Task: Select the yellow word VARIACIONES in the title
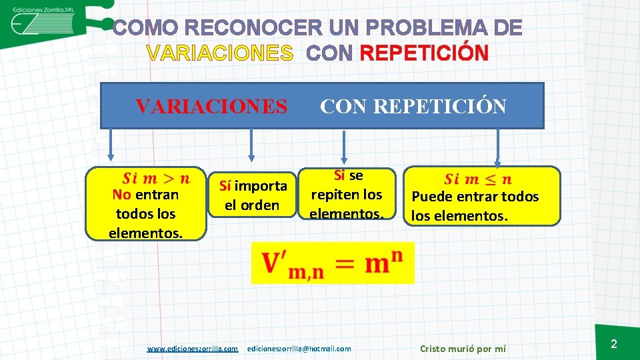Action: click(x=220, y=53)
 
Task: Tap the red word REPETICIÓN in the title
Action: click(x=424, y=53)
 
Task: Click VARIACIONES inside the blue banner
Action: click(x=211, y=106)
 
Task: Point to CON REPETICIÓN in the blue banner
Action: click(x=413, y=106)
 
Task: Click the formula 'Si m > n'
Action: click(x=156, y=178)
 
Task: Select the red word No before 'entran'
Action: click(x=121, y=195)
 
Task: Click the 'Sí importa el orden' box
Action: click(x=252, y=195)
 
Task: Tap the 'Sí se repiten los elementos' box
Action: click(x=346, y=194)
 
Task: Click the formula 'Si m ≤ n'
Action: click(x=478, y=179)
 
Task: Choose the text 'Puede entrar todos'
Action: click(x=475, y=197)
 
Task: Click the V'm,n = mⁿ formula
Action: click(x=332, y=263)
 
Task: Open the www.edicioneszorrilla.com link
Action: click(x=193, y=349)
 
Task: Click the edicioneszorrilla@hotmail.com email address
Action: click(x=299, y=349)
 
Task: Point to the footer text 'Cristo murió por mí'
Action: click(x=463, y=349)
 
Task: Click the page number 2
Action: click(x=614, y=344)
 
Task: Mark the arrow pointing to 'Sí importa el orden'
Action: click(x=251, y=145)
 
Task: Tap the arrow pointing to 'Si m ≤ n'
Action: click(x=497, y=148)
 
